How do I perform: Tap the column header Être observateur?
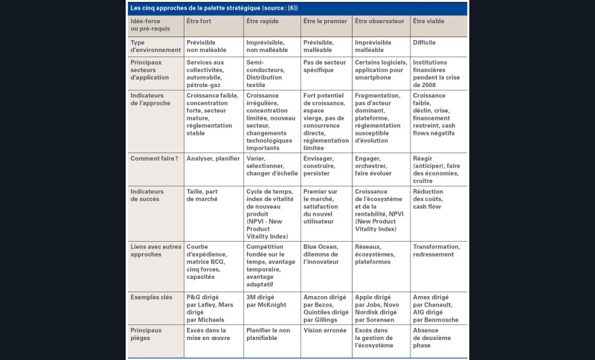coord(380,21)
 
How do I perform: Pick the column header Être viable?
coord(428,21)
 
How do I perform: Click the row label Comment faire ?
coord(155,158)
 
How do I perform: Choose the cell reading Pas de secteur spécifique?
coord(321,66)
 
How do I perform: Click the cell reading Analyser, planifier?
coord(213,158)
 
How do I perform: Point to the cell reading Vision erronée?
coord(324,330)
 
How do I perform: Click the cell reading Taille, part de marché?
coord(207,195)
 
